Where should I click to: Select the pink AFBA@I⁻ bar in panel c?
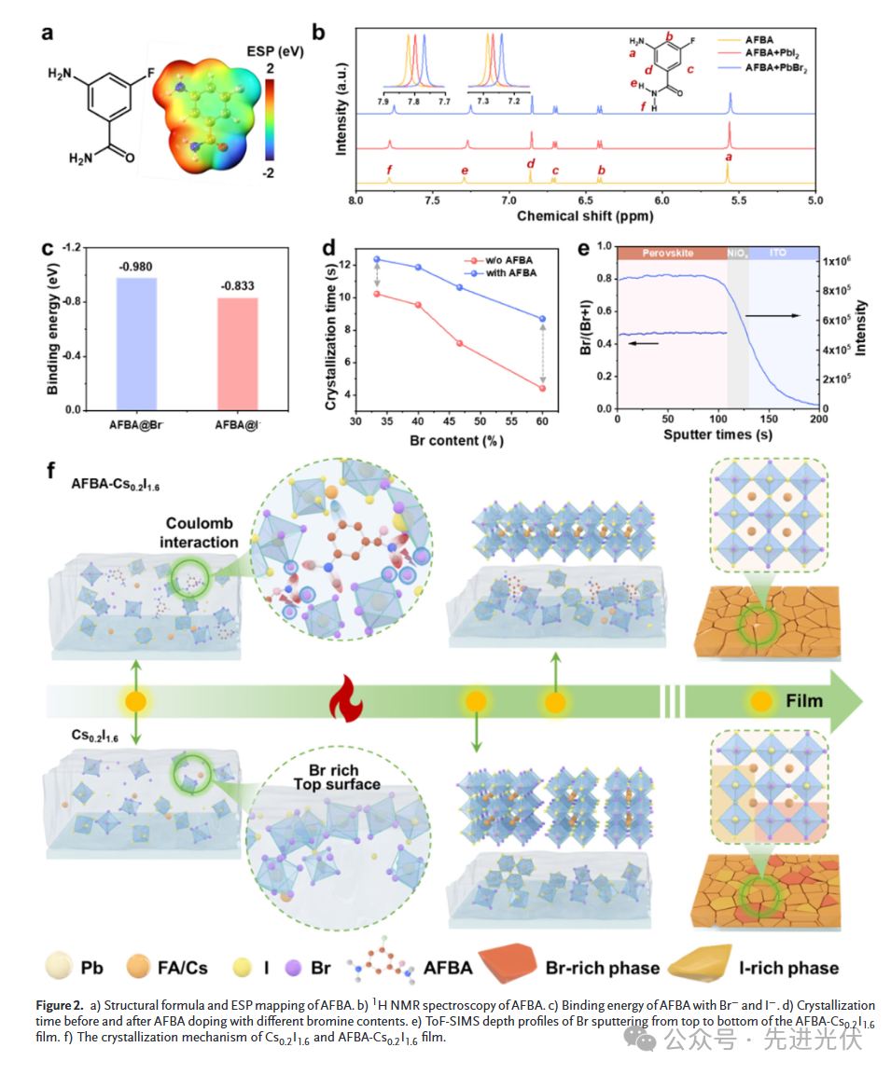[238, 353]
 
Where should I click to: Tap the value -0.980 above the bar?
[136, 267]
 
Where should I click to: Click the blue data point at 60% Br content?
[542, 319]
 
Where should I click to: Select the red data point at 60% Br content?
[542, 389]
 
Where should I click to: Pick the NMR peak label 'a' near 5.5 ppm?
[728, 158]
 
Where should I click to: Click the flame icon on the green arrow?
[337, 700]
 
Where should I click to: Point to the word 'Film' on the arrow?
[804, 699]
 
